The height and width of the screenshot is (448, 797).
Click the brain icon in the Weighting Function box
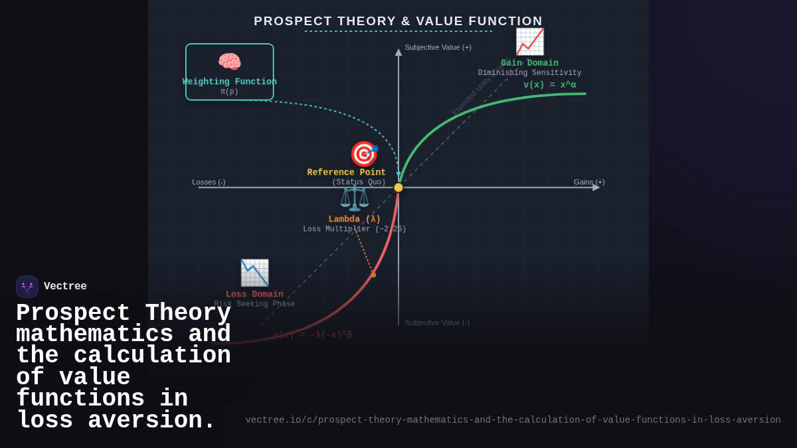pos(229,62)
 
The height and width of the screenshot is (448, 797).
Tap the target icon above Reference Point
pos(363,154)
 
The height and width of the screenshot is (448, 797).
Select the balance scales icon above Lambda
pos(354,198)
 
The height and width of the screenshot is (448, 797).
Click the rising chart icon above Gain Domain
pos(529,42)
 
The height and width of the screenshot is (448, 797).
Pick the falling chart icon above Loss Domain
pos(254,273)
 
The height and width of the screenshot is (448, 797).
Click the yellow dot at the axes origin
pos(398,188)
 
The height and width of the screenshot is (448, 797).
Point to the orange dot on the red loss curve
pos(373,275)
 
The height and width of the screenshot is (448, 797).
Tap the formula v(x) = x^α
pos(549,85)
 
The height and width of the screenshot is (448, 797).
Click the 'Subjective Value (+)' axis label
pos(438,47)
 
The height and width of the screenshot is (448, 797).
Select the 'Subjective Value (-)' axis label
pos(437,323)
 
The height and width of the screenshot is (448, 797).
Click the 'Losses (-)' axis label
pos(209,182)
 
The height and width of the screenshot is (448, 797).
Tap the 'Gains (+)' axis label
pos(589,182)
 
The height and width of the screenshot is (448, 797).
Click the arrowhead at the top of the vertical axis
pos(398,52)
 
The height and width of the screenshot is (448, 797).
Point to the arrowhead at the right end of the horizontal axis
pos(596,188)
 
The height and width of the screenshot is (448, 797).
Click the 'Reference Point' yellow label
pos(346,173)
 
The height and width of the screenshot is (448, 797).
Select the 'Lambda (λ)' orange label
pos(355,219)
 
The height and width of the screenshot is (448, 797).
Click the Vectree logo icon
pos(27,287)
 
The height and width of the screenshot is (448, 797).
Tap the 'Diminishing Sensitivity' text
pos(529,73)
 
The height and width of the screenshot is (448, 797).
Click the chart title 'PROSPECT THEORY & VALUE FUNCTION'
pos(398,21)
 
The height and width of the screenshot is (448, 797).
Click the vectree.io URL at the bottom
pos(513,420)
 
